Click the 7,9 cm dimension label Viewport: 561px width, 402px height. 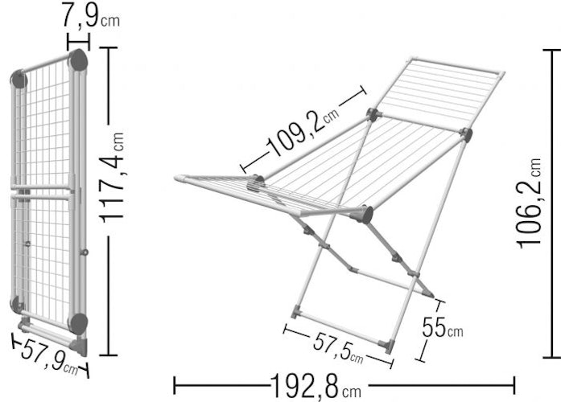(x=91, y=15)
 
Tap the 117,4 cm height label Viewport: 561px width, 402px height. (x=113, y=177)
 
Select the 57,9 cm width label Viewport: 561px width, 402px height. (x=50, y=356)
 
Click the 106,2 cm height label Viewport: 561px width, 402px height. (x=528, y=203)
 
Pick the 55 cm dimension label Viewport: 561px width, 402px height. (x=442, y=327)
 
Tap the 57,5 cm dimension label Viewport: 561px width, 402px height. (x=338, y=347)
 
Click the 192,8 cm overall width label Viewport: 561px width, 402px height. (x=316, y=386)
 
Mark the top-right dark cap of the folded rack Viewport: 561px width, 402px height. (x=78, y=60)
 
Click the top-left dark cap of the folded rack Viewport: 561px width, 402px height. (x=19, y=80)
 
